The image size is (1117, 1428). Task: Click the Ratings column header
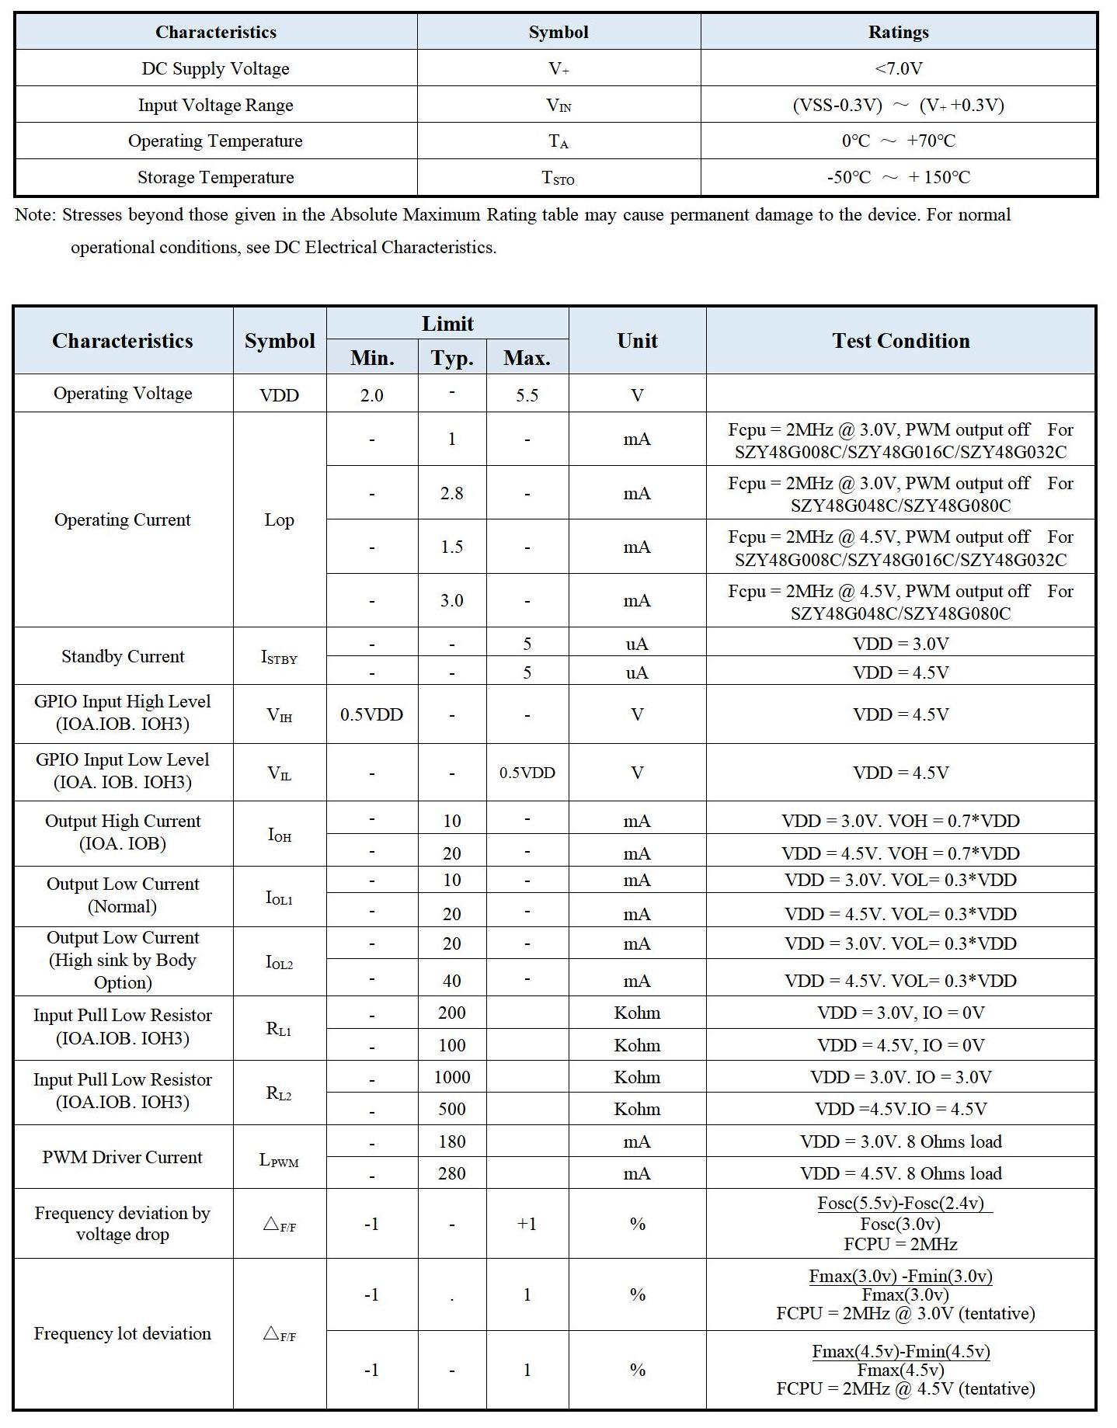point(898,32)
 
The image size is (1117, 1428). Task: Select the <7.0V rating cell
point(898,68)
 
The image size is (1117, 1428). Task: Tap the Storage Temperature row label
point(215,177)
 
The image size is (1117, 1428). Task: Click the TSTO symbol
point(558,178)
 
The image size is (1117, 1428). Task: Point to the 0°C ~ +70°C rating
point(898,141)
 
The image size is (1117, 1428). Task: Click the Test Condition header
point(900,340)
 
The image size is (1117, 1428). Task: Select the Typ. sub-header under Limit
point(451,358)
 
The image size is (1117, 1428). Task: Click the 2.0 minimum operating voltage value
point(371,395)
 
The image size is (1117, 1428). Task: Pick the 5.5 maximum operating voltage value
point(527,395)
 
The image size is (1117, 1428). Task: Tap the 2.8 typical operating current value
point(451,493)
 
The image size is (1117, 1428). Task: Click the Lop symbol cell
point(279,519)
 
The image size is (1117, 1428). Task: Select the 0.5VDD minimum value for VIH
point(371,714)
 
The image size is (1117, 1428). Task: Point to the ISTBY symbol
point(279,657)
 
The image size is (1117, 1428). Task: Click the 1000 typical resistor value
point(451,1077)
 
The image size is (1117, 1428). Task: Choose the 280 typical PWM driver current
point(451,1173)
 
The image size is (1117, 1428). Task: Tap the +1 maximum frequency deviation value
point(527,1224)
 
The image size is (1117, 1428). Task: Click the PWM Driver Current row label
point(122,1157)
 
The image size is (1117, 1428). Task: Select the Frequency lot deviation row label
point(122,1333)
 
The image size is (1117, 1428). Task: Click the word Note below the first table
point(33,214)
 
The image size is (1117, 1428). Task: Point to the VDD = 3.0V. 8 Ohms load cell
point(900,1141)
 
